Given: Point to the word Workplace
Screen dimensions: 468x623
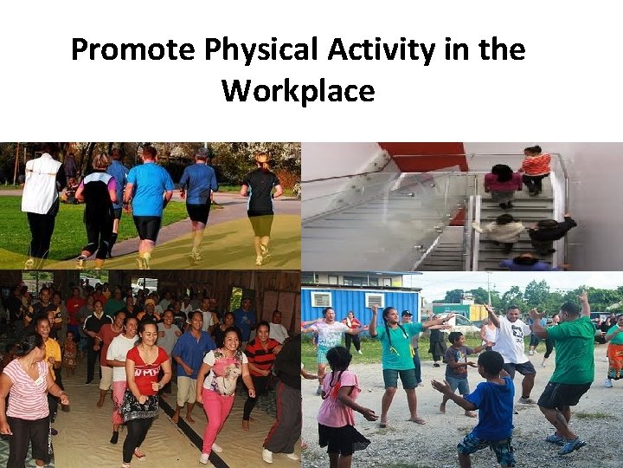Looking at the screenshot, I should tap(298, 90).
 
